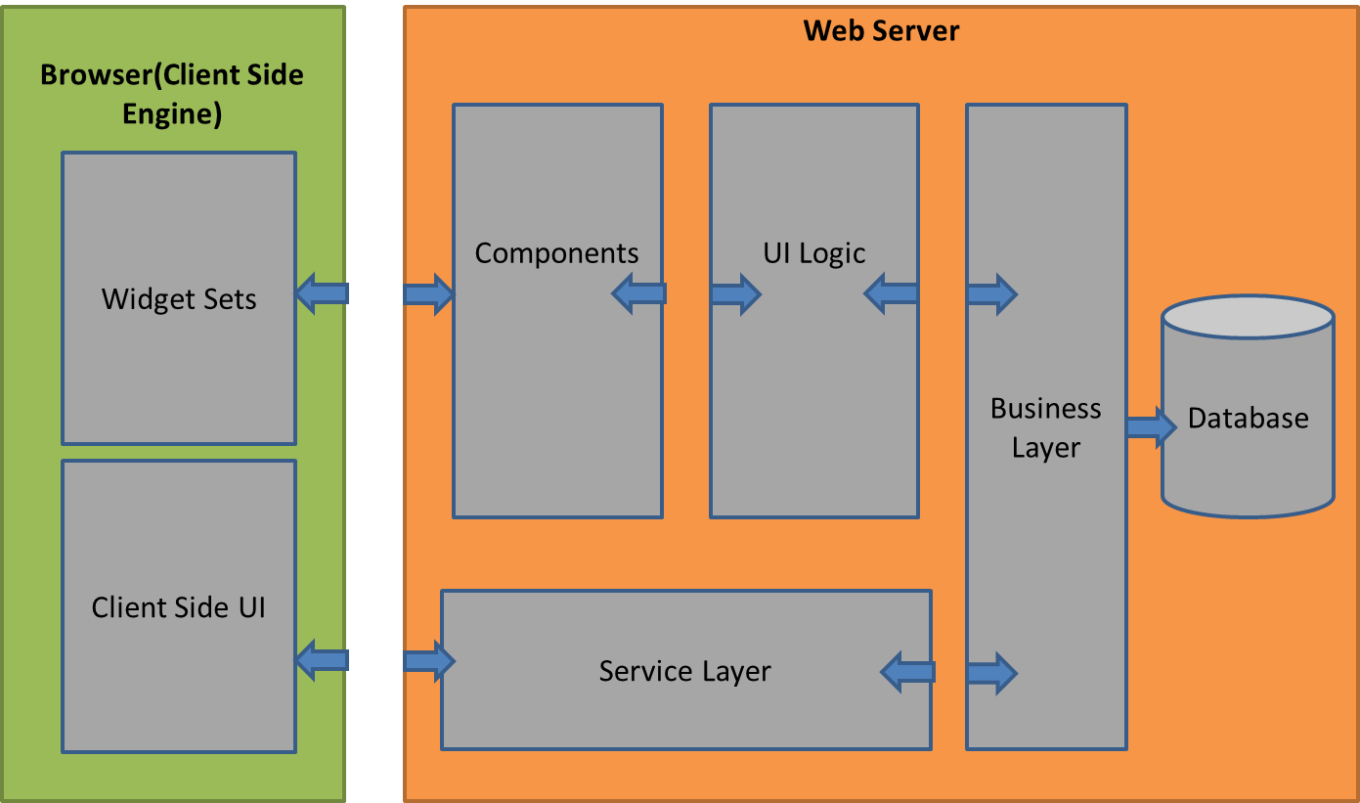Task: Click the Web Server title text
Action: (x=881, y=30)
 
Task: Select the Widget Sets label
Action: (x=179, y=298)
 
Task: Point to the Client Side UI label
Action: (x=179, y=607)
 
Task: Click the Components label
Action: (x=556, y=253)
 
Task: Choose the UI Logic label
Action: (x=814, y=253)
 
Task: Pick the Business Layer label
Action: (x=1046, y=427)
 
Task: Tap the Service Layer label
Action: (x=684, y=672)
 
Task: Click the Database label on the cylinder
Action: (x=1248, y=419)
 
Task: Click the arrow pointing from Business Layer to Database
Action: (x=1151, y=427)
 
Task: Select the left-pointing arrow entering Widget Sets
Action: (x=322, y=292)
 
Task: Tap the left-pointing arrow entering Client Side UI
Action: (x=322, y=660)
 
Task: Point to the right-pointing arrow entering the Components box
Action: (x=428, y=292)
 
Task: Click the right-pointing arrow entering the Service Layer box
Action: (x=428, y=662)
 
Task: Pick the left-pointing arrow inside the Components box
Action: (x=638, y=292)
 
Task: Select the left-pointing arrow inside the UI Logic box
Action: (x=891, y=292)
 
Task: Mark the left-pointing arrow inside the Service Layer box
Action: (x=907, y=672)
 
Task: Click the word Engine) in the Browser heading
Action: (x=172, y=113)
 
